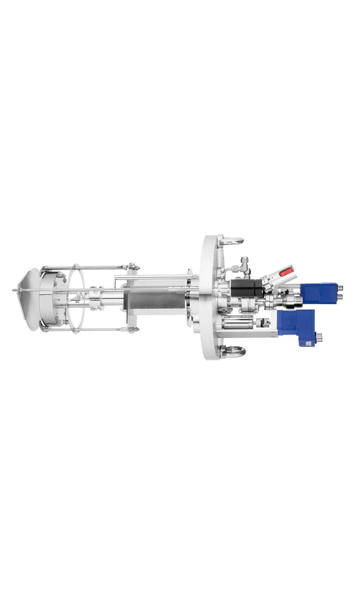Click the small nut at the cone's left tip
coord(14,290)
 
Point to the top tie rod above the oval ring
coord(90,267)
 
